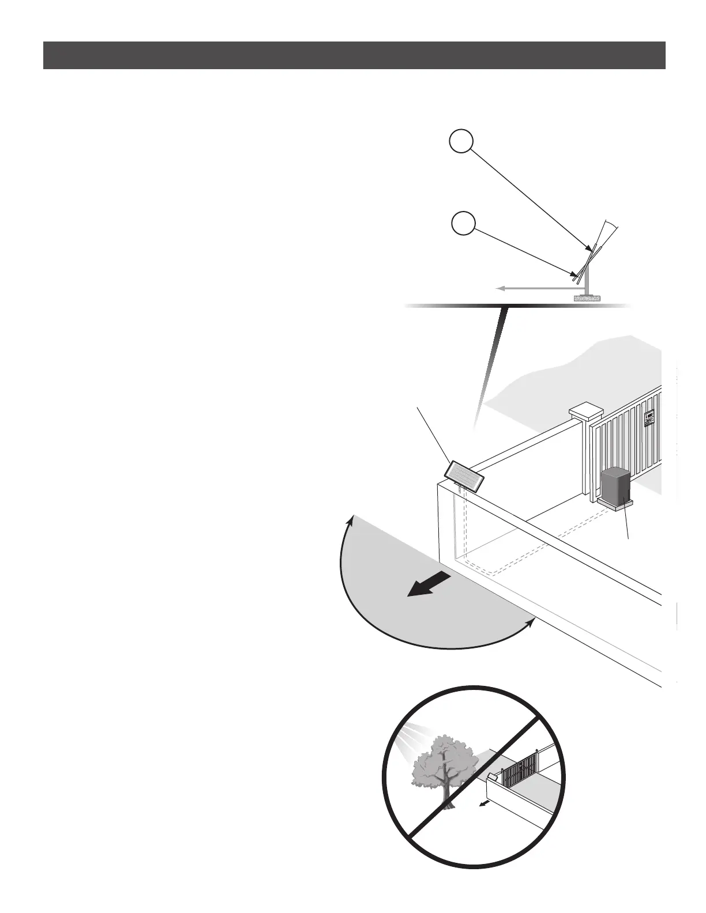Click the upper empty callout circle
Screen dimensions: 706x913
tap(462, 142)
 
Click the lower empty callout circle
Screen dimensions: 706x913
tap(462, 224)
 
